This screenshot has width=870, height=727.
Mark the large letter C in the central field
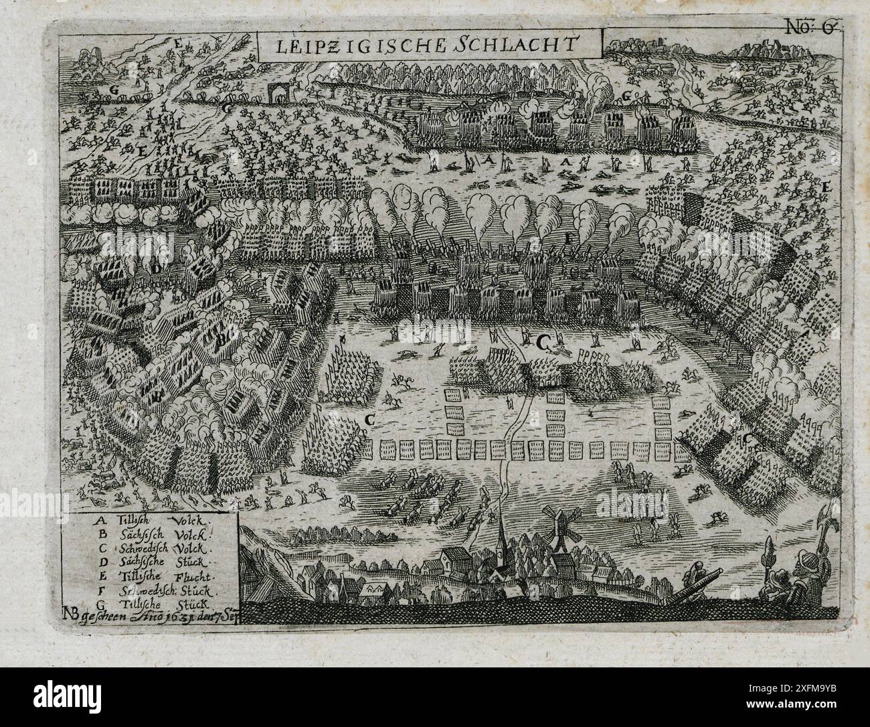(542, 342)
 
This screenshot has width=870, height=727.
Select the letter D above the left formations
(157, 268)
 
